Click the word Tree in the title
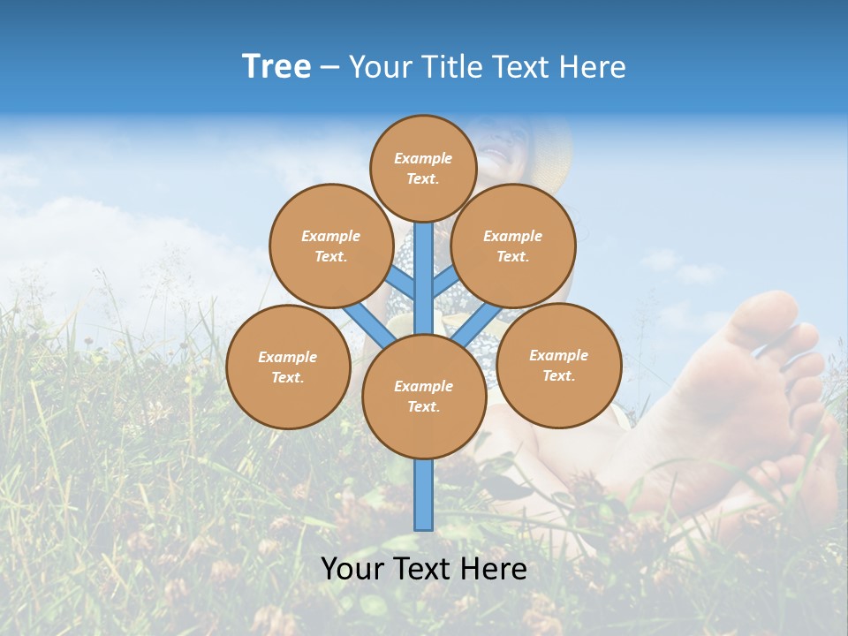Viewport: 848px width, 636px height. coord(276,67)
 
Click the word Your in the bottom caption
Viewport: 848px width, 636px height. coord(352,569)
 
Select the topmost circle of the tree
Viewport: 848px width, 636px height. coord(423,168)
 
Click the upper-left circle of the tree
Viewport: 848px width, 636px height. coord(330,246)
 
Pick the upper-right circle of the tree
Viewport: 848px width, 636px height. coord(512,246)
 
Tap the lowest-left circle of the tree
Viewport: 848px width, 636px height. coord(287,367)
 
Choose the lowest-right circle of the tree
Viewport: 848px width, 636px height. coord(558,365)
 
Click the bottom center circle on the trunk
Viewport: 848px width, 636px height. coord(423,396)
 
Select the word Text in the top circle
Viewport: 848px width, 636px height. coord(422,178)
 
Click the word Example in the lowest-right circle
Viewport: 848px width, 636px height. coord(558,355)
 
